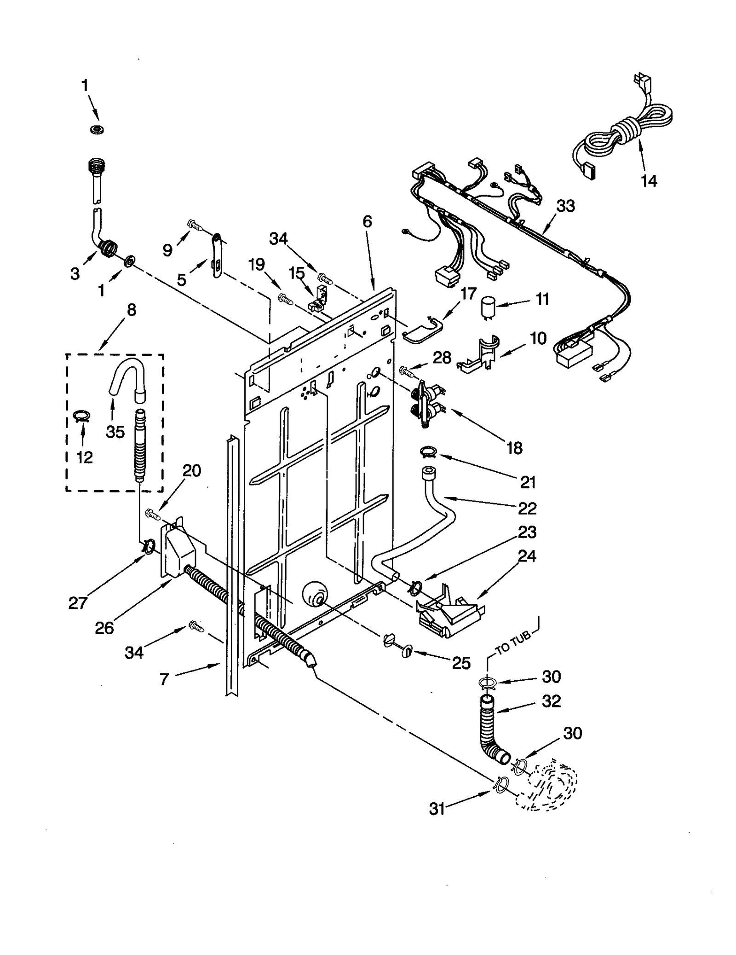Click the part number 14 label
pos(649,181)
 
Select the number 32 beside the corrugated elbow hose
pos(551,701)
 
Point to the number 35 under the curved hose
pos(115,432)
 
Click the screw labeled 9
pos(195,225)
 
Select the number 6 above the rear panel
pos(367,221)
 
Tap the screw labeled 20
pos(152,514)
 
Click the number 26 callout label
pos(104,628)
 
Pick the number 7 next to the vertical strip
pos(164,679)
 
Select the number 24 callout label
pos(527,556)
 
